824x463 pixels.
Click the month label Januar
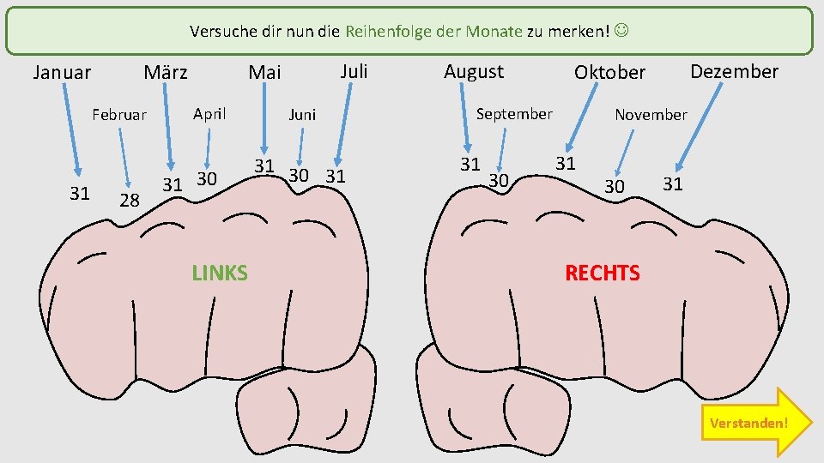click(x=62, y=73)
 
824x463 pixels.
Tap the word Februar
click(x=119, y=115)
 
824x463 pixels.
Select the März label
click(x=166, y=72)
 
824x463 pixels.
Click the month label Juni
click(x=302, y=114)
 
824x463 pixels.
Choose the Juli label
click(x=354, y=70)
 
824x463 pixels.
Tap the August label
click(x=474, y=71)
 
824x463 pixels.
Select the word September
click(x=514, y=113)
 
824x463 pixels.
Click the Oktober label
click(x=609, y=72)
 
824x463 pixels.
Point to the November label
click(x=651, y=114)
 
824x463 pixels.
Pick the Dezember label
click(x=735, y=71)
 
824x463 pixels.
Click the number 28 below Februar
click(x=130, y=201)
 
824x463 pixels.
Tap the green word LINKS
click(x=220, y=274)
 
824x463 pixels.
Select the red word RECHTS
click(x=602, y=274)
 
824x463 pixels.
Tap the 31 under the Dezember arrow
click(x=673, y=183)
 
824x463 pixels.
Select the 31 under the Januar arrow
click(x=80, y=194)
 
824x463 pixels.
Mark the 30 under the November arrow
click(x=614, y=186)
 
